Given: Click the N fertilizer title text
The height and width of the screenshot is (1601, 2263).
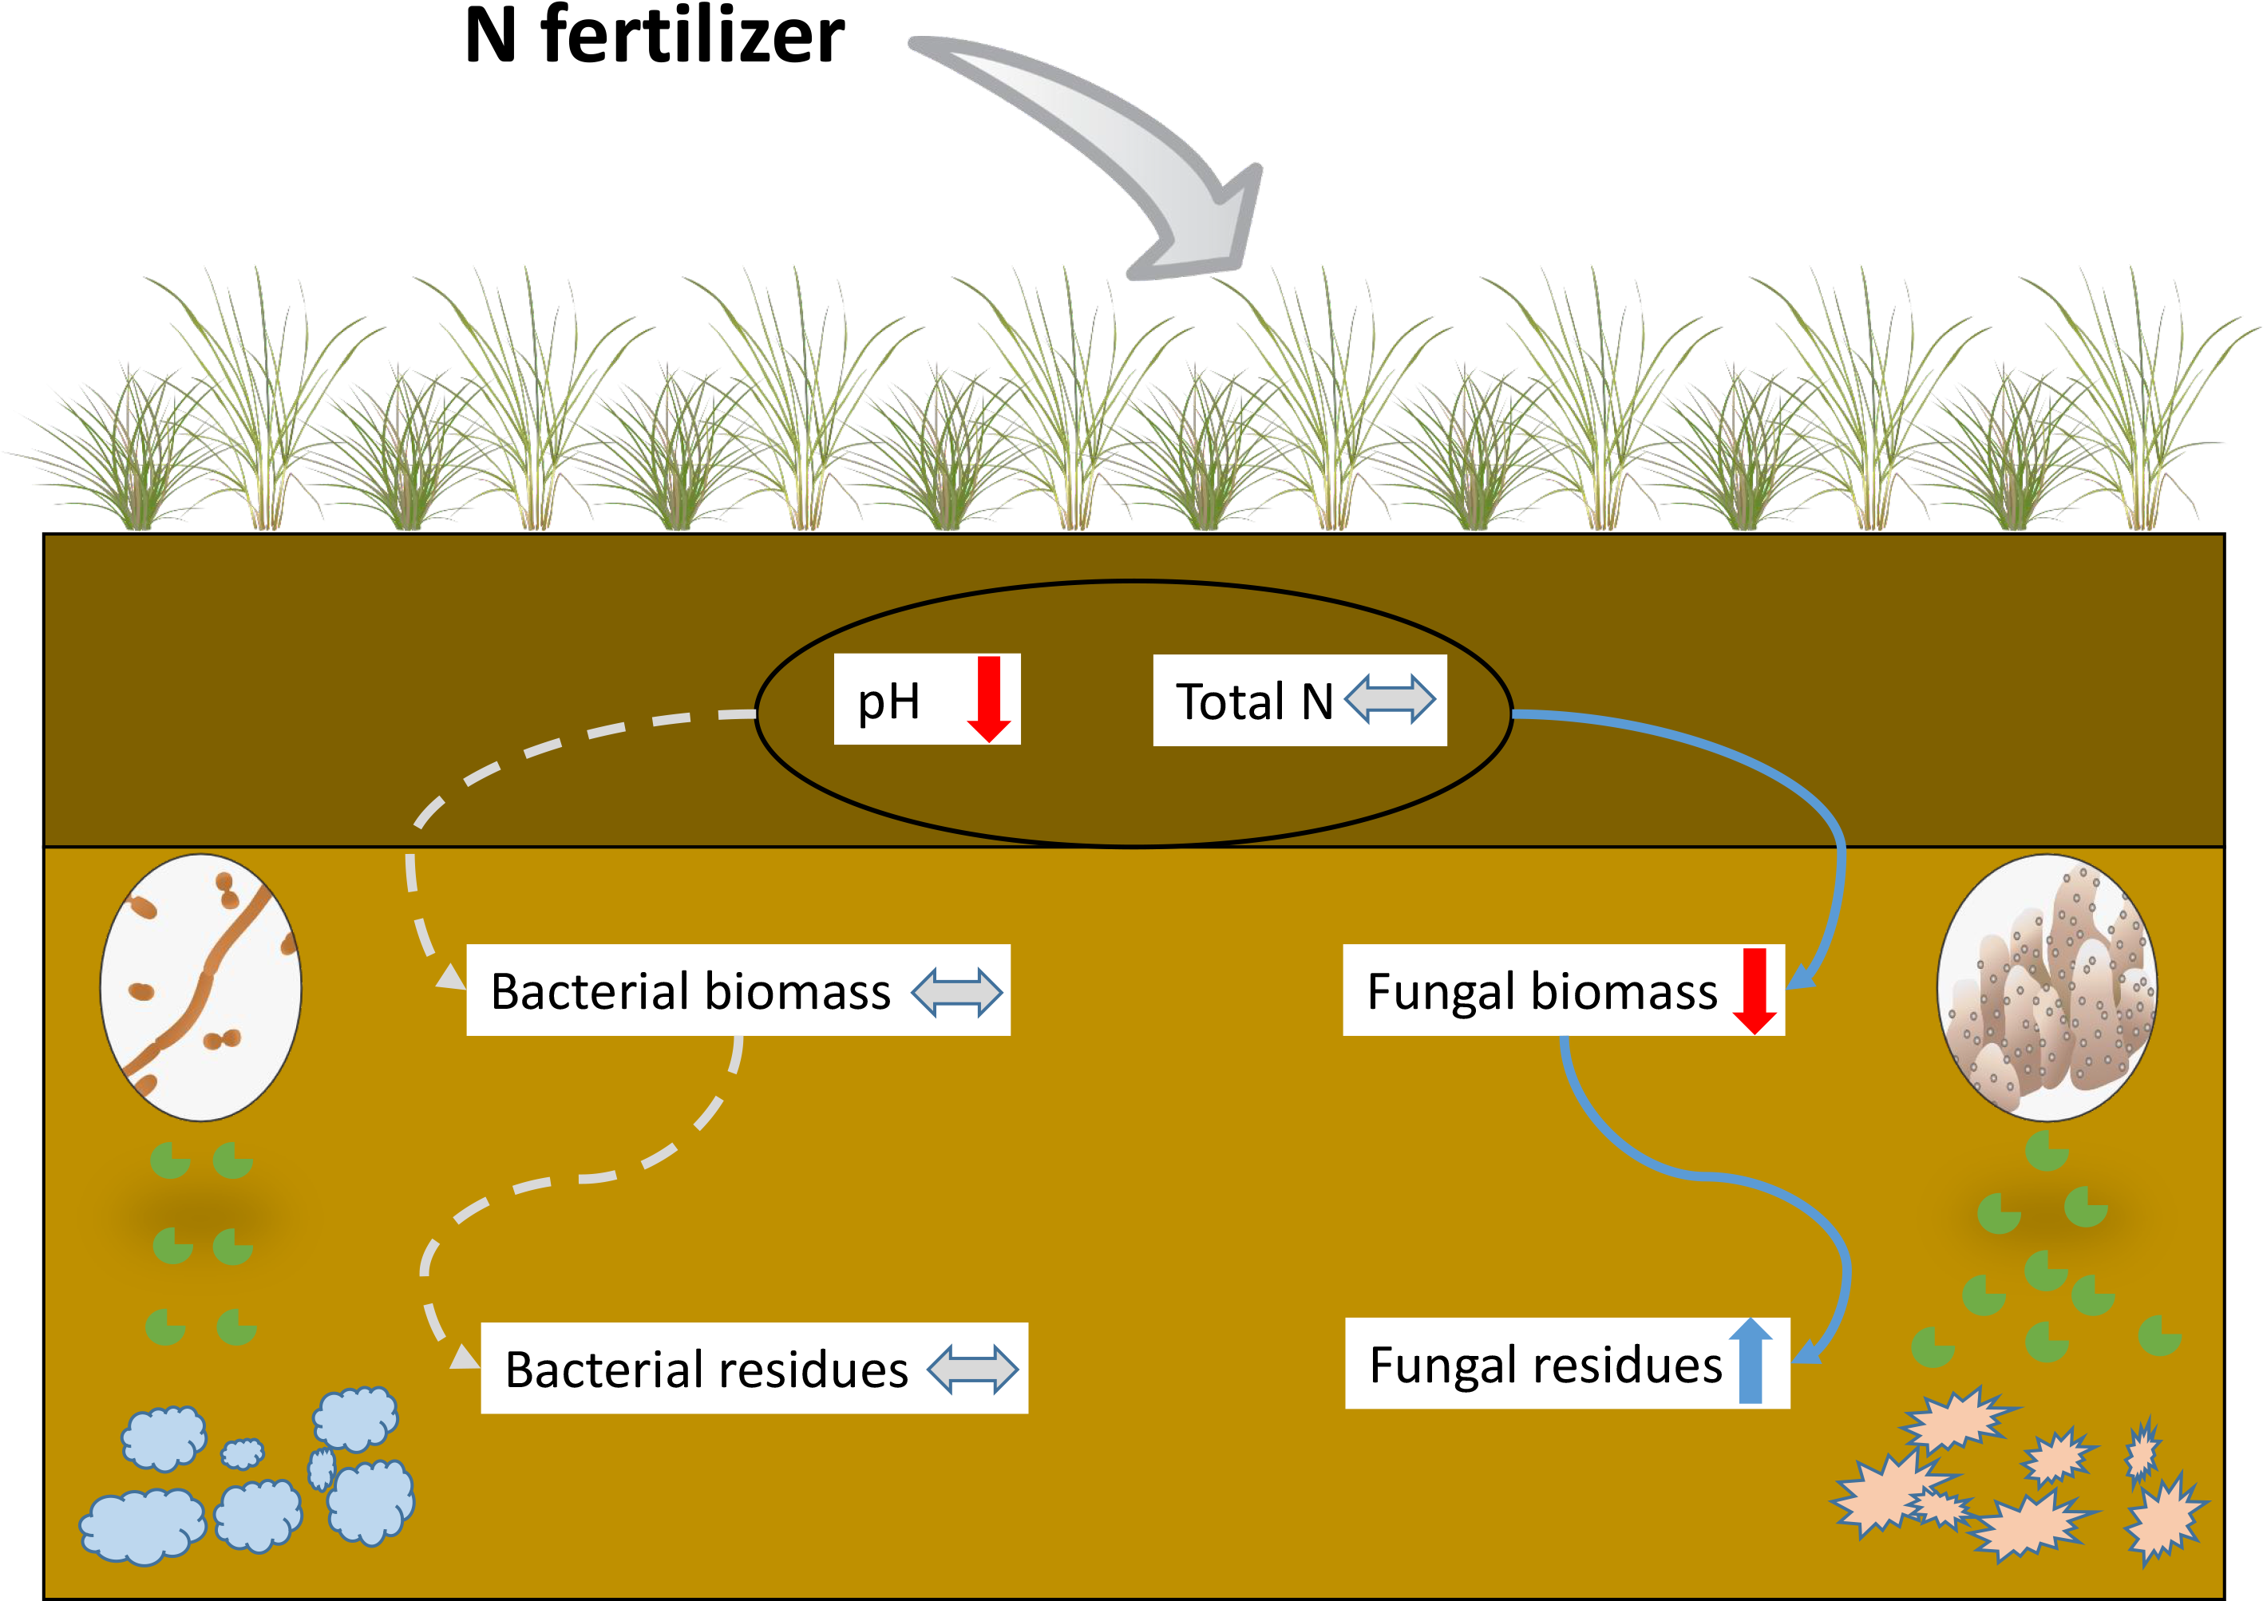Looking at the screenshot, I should point(654,37).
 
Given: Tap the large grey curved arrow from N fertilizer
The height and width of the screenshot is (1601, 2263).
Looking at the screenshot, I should point(1114,148).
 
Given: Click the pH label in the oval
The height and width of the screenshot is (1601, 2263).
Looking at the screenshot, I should point(888,702).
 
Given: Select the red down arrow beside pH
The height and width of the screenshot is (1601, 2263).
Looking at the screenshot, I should point(989,698).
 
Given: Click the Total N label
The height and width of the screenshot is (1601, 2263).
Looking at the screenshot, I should point(1254,702).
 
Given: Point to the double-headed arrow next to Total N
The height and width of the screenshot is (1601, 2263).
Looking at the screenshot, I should point(1390,700).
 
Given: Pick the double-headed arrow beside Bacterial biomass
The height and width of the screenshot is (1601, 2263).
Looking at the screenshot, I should point(956,992).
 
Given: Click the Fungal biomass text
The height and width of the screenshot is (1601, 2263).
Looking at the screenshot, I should point(1541,992).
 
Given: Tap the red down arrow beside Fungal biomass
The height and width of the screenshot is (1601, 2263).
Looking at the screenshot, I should point(1755,990).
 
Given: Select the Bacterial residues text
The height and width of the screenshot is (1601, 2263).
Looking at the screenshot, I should point(706,1370).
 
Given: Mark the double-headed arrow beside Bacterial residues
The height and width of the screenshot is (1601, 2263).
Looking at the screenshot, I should point(972,1370).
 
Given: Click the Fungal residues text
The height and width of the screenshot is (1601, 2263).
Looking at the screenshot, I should point(1545,1366).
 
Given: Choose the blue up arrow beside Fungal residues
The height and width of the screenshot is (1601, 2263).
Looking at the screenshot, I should point(1751,1361).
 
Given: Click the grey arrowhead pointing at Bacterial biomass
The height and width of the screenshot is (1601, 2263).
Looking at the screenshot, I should point(451,977).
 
